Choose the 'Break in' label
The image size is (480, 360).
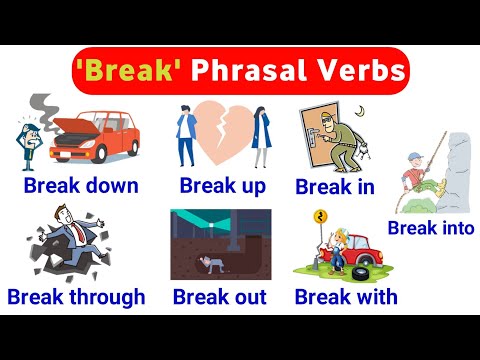[x=335, y=186]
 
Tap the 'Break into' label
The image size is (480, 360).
[x=431, y=228]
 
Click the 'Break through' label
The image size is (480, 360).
[x=76, y=297]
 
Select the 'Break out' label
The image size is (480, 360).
[x=220, y=297]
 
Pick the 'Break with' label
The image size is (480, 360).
[x=346, y=297]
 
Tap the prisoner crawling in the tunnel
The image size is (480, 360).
[x=212, y=262]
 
